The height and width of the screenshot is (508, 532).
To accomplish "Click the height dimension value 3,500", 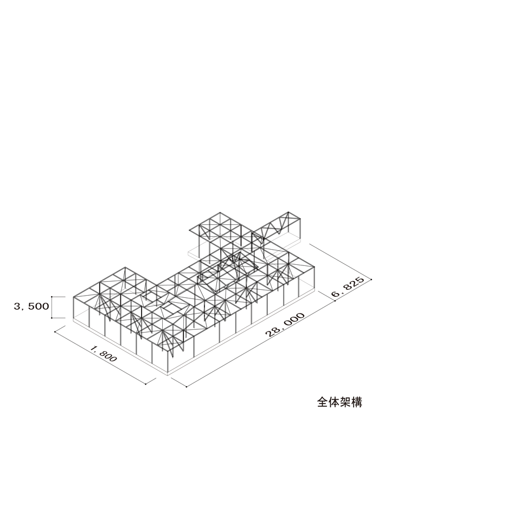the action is [x=31, y=307].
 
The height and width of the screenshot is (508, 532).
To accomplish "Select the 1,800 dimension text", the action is [x=104, y=354].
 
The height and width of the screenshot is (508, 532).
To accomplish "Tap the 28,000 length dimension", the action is [x=285, y=324].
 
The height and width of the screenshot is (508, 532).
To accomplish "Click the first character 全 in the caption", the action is [x=323, y=402].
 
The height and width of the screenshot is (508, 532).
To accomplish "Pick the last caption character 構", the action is [x=357, y=402].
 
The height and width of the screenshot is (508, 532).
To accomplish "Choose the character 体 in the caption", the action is [x=334, y=402].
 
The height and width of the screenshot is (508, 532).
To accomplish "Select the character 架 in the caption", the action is [x=345, y=402].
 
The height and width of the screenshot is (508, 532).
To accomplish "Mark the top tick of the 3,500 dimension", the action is [x=52, y=297].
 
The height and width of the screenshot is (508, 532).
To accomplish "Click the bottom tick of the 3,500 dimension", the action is [x=52, y=318].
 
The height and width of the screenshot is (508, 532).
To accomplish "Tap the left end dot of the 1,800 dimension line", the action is [x=55, y=332].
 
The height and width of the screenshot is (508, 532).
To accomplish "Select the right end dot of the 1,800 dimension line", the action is [x=145, y=384].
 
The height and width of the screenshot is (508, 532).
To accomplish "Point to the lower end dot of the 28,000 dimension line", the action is [x=186, y=386].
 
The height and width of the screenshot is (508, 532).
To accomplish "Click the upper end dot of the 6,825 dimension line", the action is [x=371, y=279].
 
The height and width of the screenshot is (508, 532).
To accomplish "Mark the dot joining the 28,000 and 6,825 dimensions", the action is [x=335, y=301].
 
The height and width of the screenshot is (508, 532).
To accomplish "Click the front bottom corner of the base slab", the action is [x=168, y=375].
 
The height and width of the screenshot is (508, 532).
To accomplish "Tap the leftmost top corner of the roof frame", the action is [x=74, y=297].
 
